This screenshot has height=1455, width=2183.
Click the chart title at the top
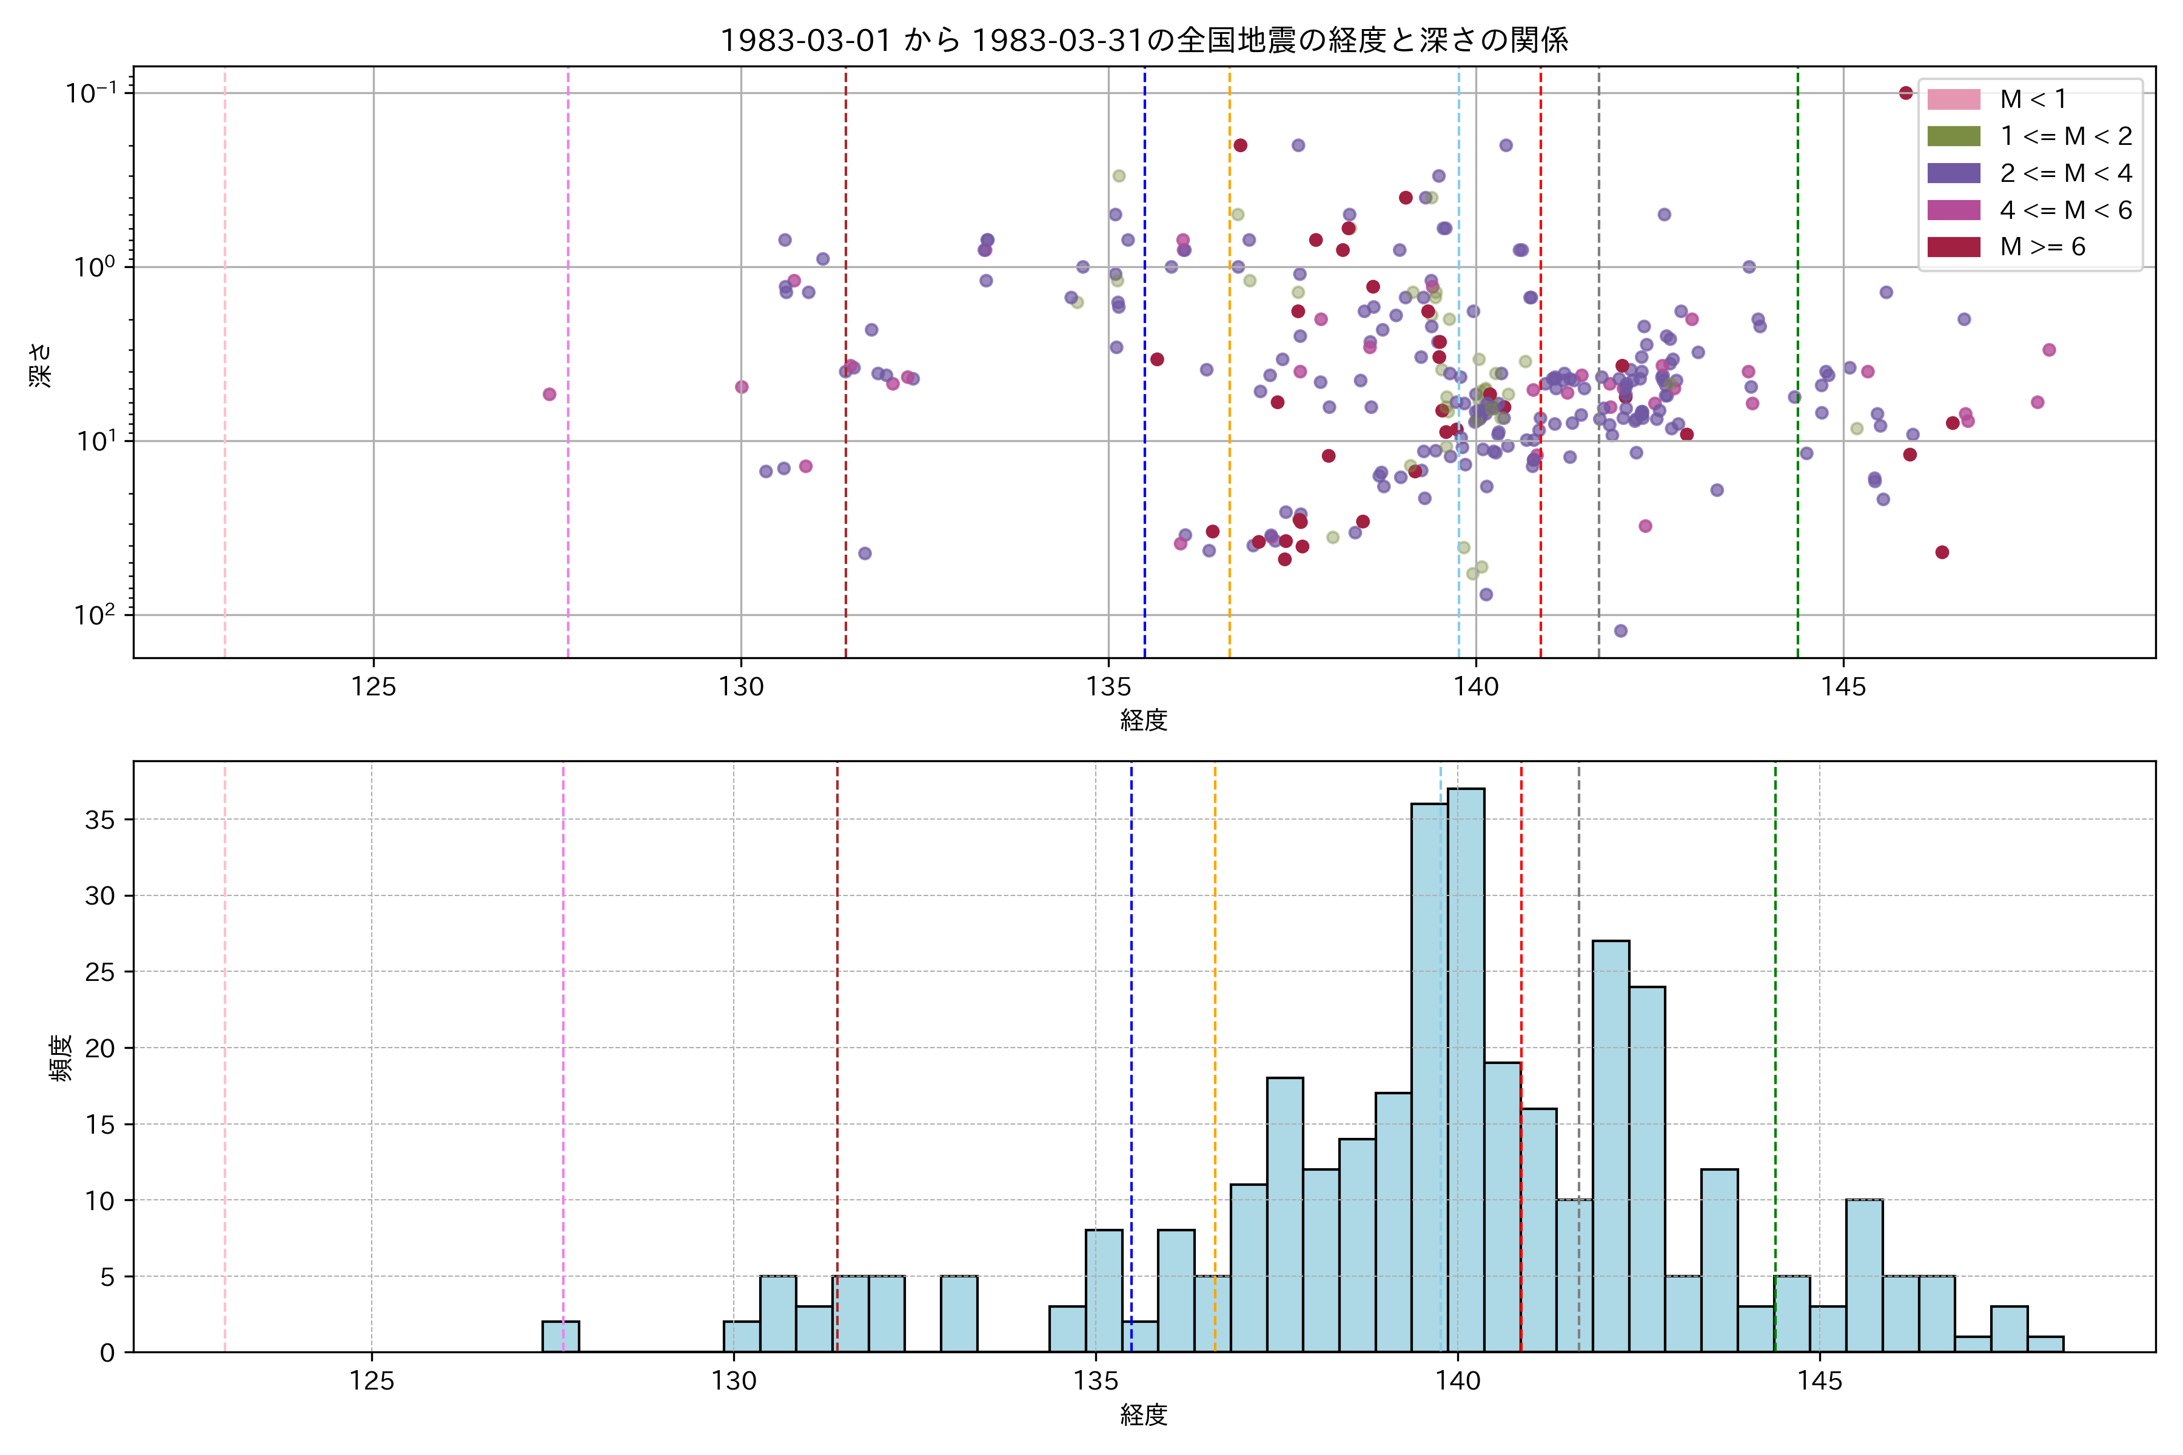click(1144, 40)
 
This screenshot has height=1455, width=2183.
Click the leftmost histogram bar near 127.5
click(560, 1336)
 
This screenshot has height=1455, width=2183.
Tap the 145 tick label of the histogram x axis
click(1819, 1381)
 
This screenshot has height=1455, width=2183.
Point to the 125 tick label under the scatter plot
click(374, 687)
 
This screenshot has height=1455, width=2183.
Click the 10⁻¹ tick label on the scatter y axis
click(91, 93)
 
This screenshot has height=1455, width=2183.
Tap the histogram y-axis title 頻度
click(61, 1058)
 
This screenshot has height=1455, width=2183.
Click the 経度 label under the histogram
click(1144, 1415)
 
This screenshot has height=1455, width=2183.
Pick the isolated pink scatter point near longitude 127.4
click(549, 395)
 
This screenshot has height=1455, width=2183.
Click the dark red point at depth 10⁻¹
click(1905, 93)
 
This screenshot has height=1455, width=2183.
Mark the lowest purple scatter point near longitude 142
click(1620, 631)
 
